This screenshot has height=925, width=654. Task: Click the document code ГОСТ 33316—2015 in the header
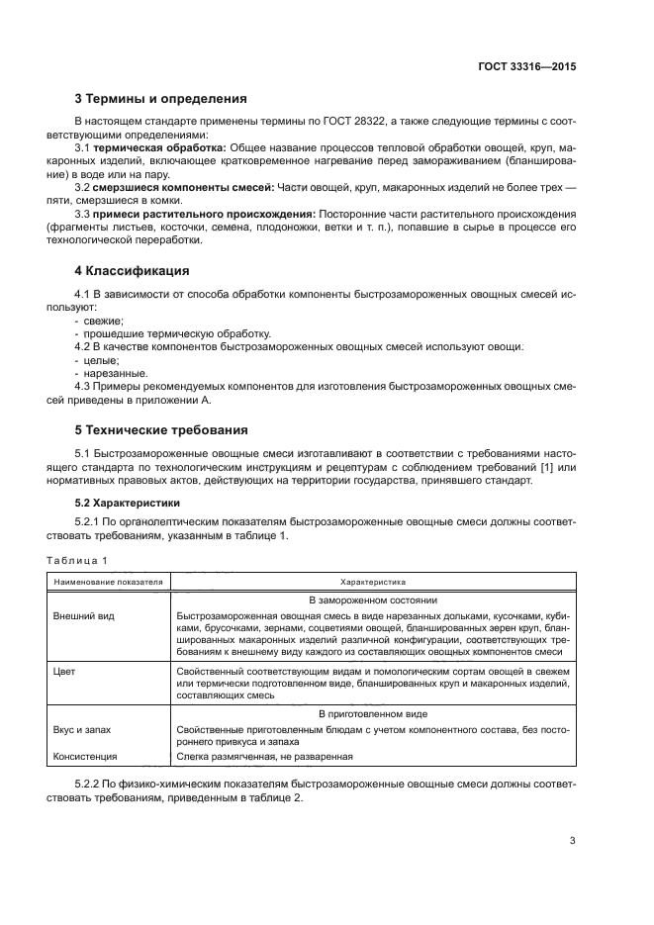point(525,68)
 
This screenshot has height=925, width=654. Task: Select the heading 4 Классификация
point(134,270)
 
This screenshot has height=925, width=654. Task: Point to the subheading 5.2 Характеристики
point(124,503)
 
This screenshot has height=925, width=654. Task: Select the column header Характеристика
point(373,583)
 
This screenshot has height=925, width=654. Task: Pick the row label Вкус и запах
point(82,729)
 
